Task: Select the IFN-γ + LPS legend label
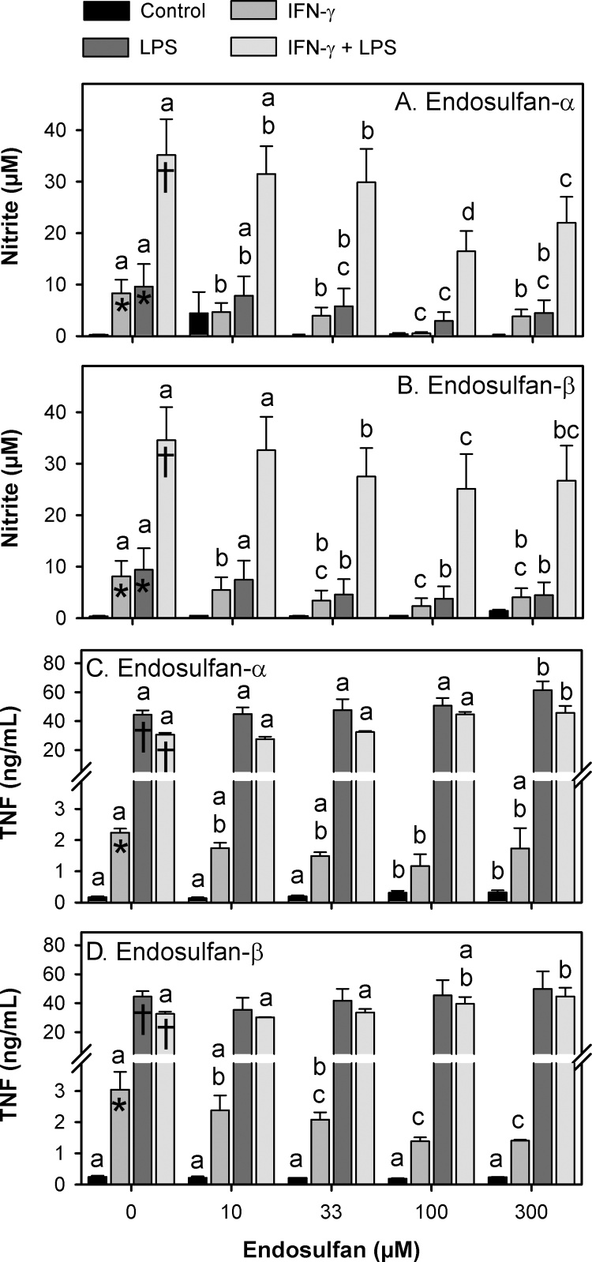342,47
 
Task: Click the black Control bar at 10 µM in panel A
199,325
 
